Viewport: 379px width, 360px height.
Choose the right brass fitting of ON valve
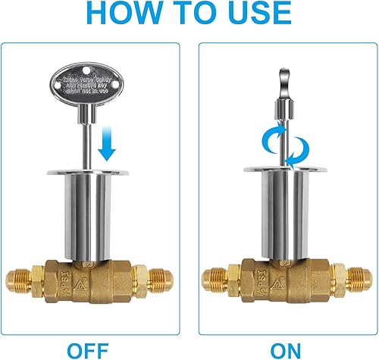click(x=349, y=277)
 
